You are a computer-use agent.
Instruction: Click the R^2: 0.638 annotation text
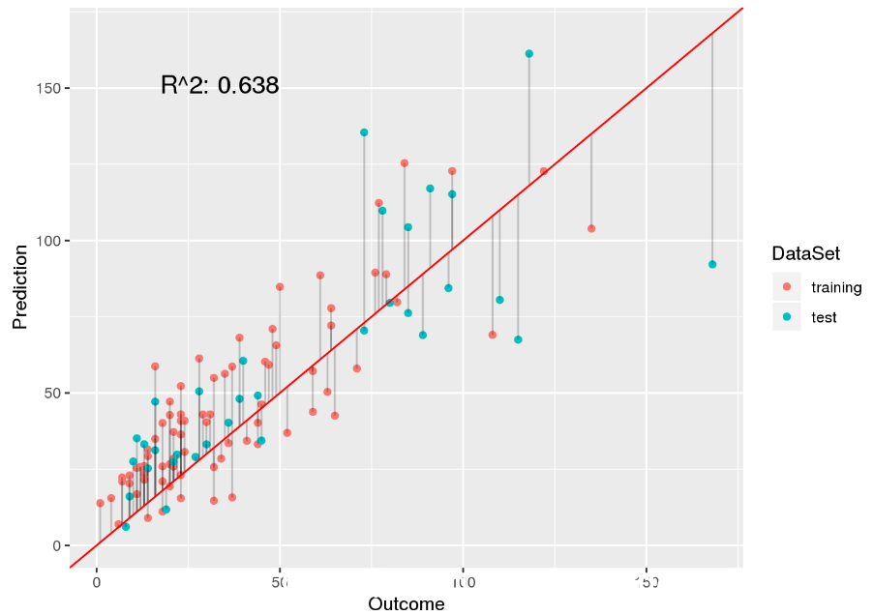[x=220, y=86]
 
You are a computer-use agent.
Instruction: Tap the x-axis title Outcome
[x=406, y=604]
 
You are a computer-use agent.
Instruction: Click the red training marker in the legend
[x=787, y=287]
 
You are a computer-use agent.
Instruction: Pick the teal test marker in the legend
[x=787, y=317]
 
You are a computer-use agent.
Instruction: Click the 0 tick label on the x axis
[x=97, y=583]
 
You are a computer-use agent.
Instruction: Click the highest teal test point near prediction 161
[x=528, y=54]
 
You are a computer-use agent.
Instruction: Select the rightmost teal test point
[x=712, y=264]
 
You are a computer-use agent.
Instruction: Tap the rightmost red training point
[x=591, y=229]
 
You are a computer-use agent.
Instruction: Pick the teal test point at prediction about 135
[x=364, y=132]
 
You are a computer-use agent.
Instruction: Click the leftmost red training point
[x=100, y=503]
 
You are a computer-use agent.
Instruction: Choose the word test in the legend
[x=825, y=317]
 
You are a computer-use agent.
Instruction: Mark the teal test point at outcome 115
[x=518, y=339]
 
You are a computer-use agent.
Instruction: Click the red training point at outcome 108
[x=493, y=335]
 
